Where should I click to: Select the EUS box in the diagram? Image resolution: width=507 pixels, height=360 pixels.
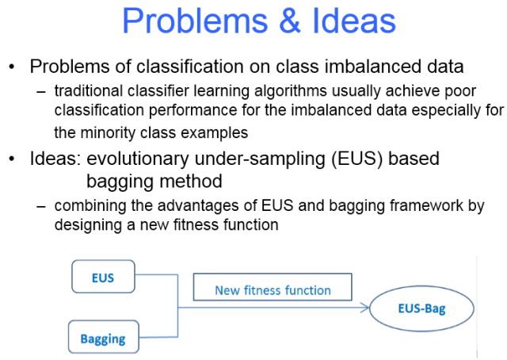pyautogui.click(x=103, y=278)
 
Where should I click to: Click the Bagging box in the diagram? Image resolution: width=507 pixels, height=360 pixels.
pyautogui.click(x=103, y=339)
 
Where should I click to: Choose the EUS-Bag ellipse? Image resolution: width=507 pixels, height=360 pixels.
pyautogui.click(x=421, y=309)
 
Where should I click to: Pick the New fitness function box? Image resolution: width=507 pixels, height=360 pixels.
pyautogui.click(x=273, y=290)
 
